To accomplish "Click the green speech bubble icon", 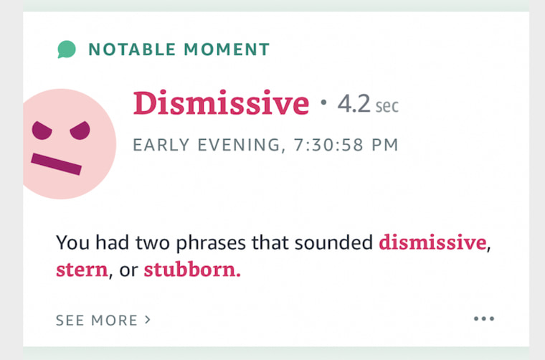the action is (x=67, y=49).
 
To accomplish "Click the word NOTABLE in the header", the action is (x=132, y=49).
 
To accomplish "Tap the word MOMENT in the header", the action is (x=227, y=49).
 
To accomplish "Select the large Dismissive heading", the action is (x=221, y=103).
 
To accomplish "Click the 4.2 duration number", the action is (x=354, y=103).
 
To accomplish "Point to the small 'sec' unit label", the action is (x=387, y=106).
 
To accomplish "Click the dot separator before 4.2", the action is (x=323, y=103).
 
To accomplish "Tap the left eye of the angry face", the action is (x=42, y=131).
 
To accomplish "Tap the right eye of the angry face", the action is (x=80, y=131).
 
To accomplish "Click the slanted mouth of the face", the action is (x=57, y=164).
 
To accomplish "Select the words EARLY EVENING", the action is (x=207, y=145).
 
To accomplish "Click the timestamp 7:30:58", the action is (x=328, y=145).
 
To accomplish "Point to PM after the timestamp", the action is (x=385, y=145).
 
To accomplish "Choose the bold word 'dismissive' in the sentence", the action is (x=432, y=242).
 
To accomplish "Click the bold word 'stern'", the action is (x=82, y=270).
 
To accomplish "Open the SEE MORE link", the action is (x=103, y=320).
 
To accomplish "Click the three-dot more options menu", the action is (x=484, y=318).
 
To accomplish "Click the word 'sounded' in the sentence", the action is (x=333, y=242).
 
